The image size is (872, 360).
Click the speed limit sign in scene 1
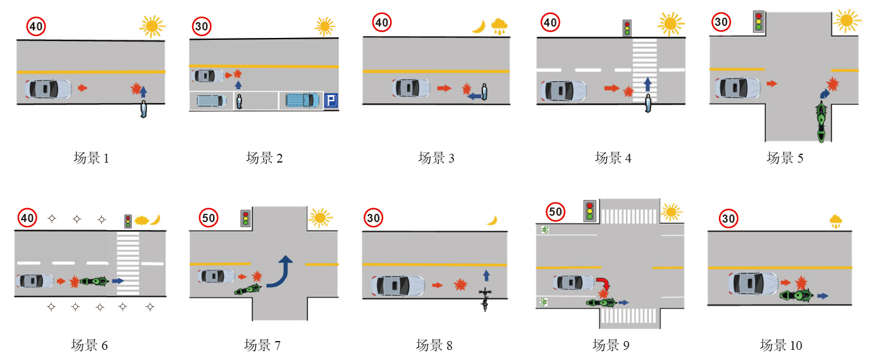tap(35, 27)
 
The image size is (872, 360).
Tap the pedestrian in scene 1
tap(144, 109)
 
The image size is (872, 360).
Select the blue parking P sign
tap(331, 100)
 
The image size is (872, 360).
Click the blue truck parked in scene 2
tap(302, 100)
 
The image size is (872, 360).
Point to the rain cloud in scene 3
tap(500, 25)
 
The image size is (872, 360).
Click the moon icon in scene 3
tap(479, 27)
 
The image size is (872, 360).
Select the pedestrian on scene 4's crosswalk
tap(648, 102)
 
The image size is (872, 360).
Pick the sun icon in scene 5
tap(847, 20)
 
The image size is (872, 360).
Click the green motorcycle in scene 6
tap(94, 280)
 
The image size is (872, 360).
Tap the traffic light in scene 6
tap(128, 221)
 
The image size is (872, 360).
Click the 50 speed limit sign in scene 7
tap(209, 218)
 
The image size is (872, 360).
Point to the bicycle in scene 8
tap(485, 299)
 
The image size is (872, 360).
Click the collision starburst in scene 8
tap(460, 285)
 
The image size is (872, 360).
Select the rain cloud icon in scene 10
tap(836, 221)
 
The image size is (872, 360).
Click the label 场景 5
tap(785, 158)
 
